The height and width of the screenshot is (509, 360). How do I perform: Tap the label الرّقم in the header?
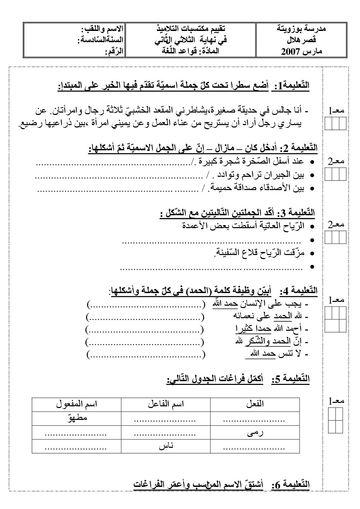113,52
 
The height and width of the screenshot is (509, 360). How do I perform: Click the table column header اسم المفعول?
77,404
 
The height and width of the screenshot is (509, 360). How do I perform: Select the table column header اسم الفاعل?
166,404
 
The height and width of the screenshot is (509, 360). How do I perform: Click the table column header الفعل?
255,404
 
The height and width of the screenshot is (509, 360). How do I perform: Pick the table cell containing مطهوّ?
77,418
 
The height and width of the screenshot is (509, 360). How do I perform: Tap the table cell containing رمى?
255,432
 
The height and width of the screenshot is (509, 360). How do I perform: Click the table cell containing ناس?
166,446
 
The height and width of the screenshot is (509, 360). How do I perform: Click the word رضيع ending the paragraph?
28,124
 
